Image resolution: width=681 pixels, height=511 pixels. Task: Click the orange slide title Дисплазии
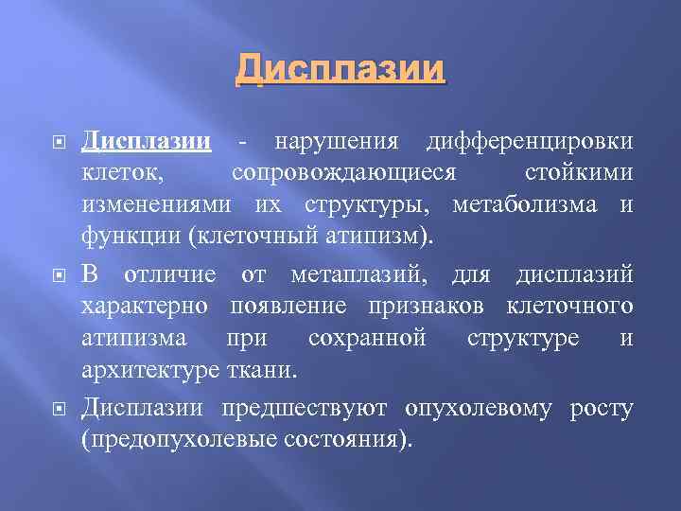coord(340,70)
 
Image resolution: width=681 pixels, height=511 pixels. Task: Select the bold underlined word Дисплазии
coord(145,142)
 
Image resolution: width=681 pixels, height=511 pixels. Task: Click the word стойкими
coord(578,174)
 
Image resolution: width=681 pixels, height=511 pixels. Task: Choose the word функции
coord(131,237)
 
